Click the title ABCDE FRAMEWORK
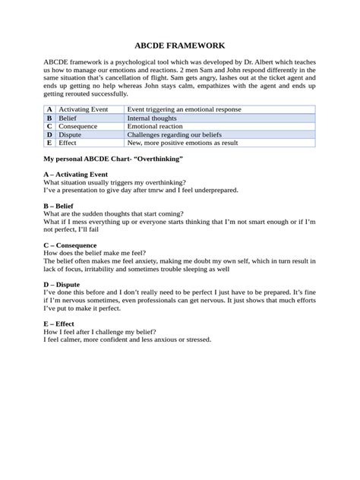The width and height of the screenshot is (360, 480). tap(180, 46)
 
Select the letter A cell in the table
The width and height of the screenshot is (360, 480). tap(49, 110)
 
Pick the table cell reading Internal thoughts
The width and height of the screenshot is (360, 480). tap(153, 118)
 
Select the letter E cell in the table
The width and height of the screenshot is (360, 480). tap(49, 142)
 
